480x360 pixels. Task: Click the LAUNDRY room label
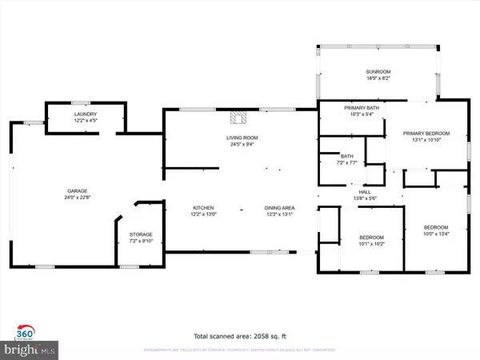[x=86, y=115]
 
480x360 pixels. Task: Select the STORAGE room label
[x=141, y=234]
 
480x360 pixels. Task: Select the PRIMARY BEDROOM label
[x=426, y=134]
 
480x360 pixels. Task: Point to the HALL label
[x=365, y=192]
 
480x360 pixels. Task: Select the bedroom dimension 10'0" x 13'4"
[x=436, y=234]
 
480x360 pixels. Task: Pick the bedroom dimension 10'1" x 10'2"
[x=372, y=243]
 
